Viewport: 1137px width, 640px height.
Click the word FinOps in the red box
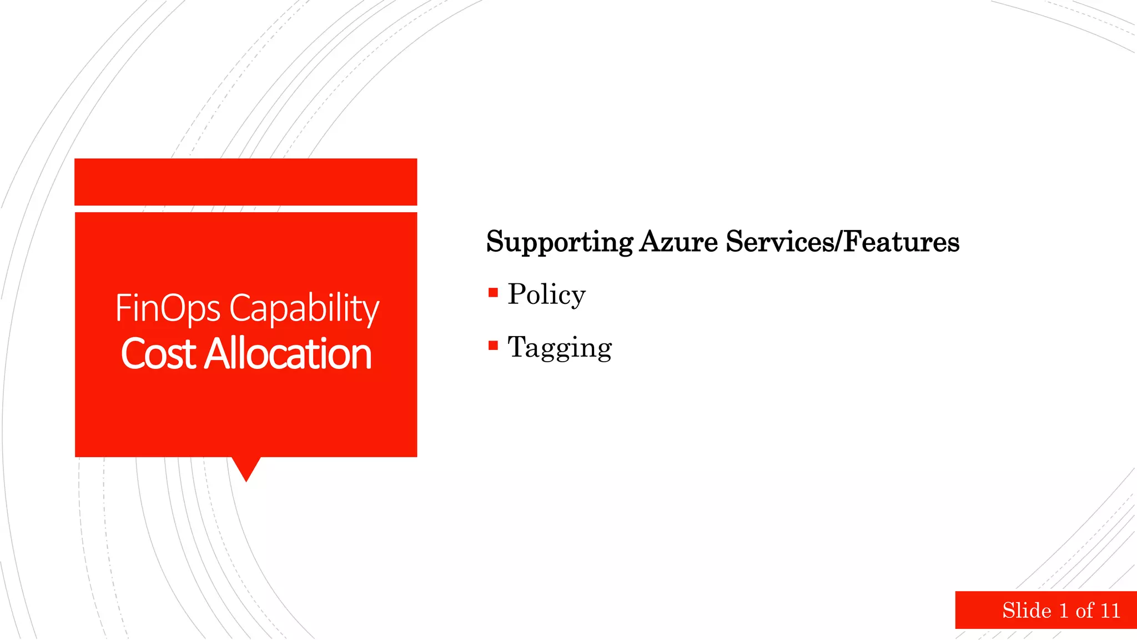pos(167,308)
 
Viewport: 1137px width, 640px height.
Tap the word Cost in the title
pos(159,354)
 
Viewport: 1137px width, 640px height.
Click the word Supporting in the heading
pos(560,242)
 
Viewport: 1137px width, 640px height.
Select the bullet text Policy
pos(546,294)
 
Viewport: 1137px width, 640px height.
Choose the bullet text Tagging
pos(560,348)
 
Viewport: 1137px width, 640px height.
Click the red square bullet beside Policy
pos(493,293)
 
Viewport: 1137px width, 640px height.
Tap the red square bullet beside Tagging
pos(493,346)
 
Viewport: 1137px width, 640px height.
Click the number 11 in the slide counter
pos(1110,611)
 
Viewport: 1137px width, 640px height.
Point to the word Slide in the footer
pos(1027,611)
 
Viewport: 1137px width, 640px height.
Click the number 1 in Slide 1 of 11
pos(1064,611)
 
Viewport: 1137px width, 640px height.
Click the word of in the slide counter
pos(1084,611)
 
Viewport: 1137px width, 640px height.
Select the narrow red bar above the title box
pos(245,182)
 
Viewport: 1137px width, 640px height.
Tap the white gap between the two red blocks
pos(245,209)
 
